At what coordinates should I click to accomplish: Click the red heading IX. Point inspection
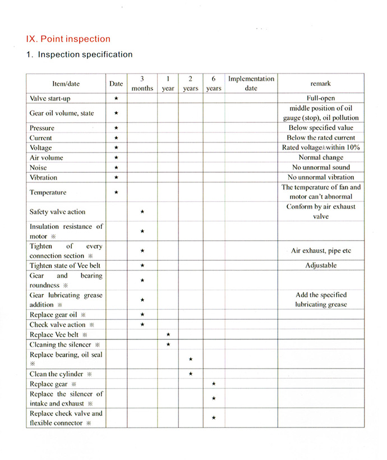[68, 39]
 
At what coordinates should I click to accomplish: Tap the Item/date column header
[66, 84]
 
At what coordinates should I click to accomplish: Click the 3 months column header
[142, 84]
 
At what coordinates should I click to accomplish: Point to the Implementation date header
[251, 84]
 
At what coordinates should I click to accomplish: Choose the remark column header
[320, 84]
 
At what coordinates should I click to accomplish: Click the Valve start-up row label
[49, 98]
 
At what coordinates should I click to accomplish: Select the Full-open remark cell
[320, 98]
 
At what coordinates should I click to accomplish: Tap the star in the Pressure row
[116, 128]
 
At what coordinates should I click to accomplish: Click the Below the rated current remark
[320, 138]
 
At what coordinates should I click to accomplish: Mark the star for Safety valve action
[142, 212]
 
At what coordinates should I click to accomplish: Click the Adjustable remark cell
[321, 266]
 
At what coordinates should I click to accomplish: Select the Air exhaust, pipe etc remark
[321, 251]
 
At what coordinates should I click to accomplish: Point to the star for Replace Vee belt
[168, 335]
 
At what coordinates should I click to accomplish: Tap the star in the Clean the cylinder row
[191, 374]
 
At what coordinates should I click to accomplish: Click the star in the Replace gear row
[214, 384]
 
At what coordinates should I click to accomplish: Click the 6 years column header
[214, 84]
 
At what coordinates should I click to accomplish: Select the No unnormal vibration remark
[321, 177]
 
